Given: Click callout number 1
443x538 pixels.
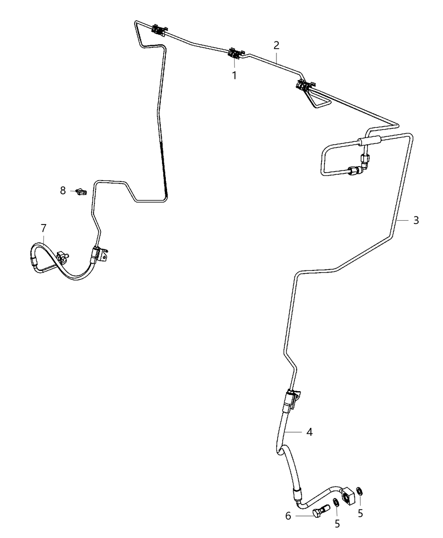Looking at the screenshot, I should point(234,76).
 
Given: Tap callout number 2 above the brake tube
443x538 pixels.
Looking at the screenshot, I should point(276,45).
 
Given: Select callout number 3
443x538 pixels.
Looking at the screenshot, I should point(416,220).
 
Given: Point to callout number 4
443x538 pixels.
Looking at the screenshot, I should point(309,432).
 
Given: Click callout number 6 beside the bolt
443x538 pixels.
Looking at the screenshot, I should point(289,516).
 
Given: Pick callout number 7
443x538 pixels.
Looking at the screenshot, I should point(43,228).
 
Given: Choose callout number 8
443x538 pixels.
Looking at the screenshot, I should point(63,191).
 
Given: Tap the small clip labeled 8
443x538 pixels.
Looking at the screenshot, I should point(80,192).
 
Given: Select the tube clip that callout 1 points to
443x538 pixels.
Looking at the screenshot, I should point(234,54).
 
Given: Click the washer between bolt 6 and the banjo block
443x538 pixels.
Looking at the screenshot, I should point(336,503).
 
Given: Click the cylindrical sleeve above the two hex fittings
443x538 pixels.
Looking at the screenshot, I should point(370,141).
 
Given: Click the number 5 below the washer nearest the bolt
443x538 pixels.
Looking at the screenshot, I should point(337,524).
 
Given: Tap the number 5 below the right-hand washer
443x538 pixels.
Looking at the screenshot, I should point(360,514).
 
